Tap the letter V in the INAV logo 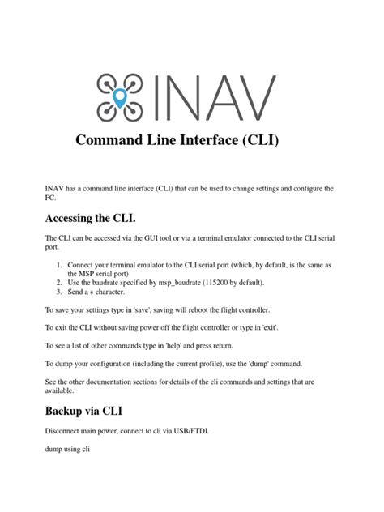[x=256, y=97]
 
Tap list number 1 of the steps [x=59, y=264]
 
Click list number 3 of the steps [x=59, y=292]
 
